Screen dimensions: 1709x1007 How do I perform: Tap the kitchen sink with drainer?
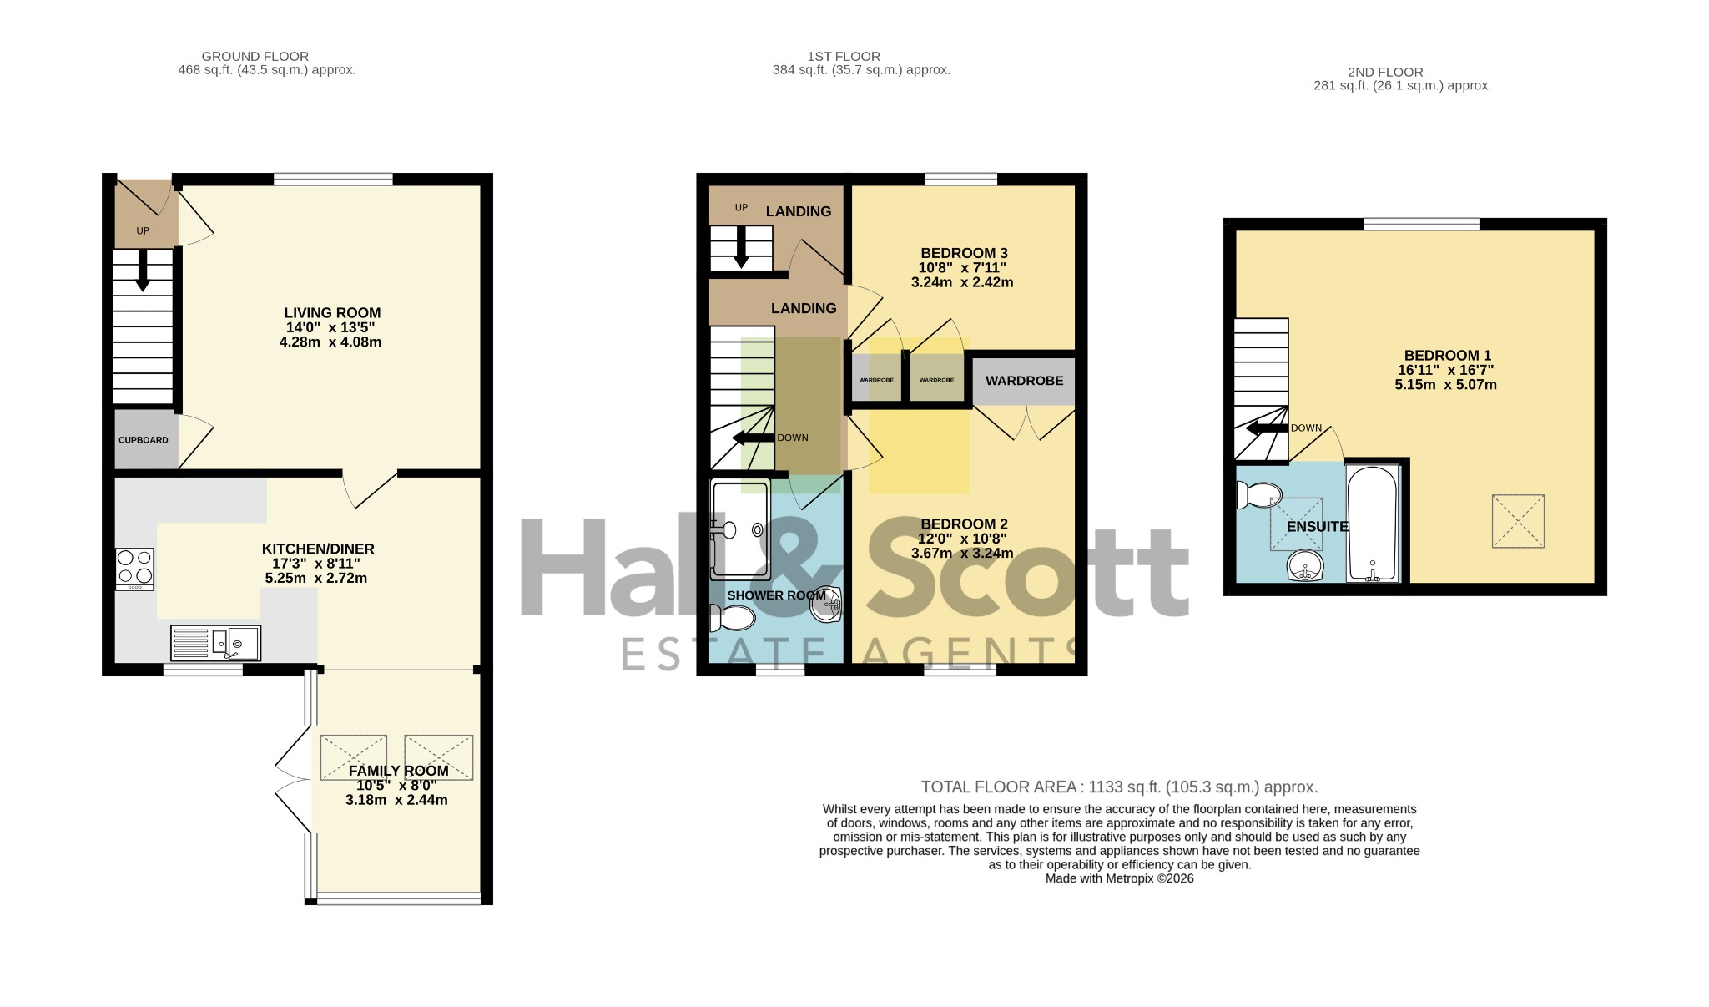[x=215, y=643]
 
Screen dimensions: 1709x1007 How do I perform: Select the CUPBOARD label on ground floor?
[x=144, y=440]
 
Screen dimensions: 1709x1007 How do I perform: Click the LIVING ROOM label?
[x=332, y=313]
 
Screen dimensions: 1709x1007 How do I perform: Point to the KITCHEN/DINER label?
[x=318, y=549]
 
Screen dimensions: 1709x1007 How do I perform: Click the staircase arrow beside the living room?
[x=143, y=271]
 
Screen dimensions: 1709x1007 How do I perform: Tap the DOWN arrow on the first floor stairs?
[x=753, y=438]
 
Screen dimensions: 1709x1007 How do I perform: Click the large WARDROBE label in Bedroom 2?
[x=1025, y=381]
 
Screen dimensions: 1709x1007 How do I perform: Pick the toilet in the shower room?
[x=732, y=618]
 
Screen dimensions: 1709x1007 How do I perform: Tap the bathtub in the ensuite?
[x=1373, y=524]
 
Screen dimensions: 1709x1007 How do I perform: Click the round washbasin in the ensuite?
[x=1305, y=565]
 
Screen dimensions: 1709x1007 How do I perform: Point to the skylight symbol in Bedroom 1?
[x=1518, y=521]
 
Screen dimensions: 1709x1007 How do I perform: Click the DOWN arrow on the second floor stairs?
[x=1267, y=429]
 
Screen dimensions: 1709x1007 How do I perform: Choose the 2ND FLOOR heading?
[x=1385, y=73]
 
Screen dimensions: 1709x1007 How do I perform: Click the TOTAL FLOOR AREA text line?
[x=1119, y=787]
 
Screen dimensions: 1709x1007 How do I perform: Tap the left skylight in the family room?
[x=353, y=757]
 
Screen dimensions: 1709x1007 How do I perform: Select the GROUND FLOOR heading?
[x=255, y=57]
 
